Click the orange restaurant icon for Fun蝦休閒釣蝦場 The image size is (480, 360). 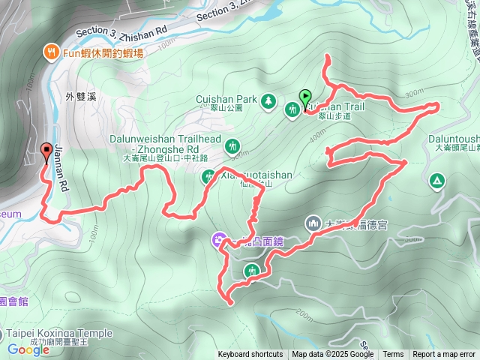tap(50, 52)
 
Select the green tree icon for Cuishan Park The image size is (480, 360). tap(268, 100)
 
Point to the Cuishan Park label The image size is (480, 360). tap(226, 98)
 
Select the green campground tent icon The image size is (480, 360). tap(436, 181)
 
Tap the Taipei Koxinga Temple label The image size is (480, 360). tap(60, 333)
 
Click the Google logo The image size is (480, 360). tap(28, 349)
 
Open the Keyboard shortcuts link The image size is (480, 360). tap(250, 355)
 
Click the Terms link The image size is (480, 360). tap(393, 355)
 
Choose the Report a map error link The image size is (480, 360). tap(444, 355)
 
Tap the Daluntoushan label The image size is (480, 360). tap(454, 139)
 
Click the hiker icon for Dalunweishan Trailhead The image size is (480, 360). tap(232, 145)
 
